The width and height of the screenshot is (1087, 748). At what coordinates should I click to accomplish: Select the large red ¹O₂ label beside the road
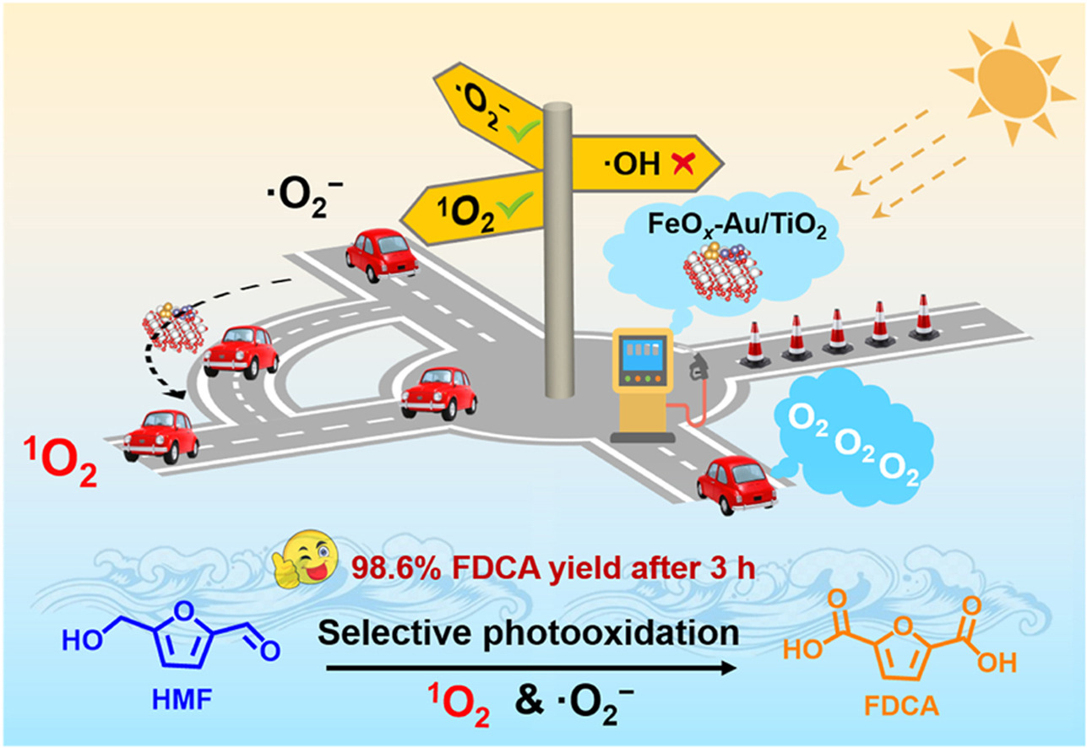point(57,463)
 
